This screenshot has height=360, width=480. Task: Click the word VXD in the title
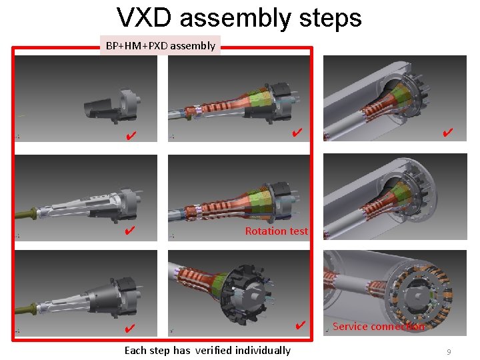click(x=144, y=17)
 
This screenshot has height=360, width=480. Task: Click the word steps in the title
click(x=331, y=18)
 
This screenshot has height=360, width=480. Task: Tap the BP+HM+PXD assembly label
click(x=161, y=45)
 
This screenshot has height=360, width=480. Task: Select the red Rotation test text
click(x=277, y=231)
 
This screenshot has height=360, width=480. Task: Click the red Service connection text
click(x=379, y=326)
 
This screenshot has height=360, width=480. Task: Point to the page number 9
click(x=449, y=352)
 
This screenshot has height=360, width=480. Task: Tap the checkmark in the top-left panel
click(x=131, y=135)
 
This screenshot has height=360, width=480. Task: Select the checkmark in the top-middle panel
click(x=297, y=132)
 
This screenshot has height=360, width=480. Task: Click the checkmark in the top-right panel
click(x=447, y=132)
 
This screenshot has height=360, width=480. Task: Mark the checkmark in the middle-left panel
click(x=130, y=230)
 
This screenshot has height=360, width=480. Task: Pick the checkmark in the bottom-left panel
click(x=130, y=328)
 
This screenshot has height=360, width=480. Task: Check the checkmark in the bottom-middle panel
click(x=301, y=325)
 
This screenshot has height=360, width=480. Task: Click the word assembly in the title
click(x=235, y=18)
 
